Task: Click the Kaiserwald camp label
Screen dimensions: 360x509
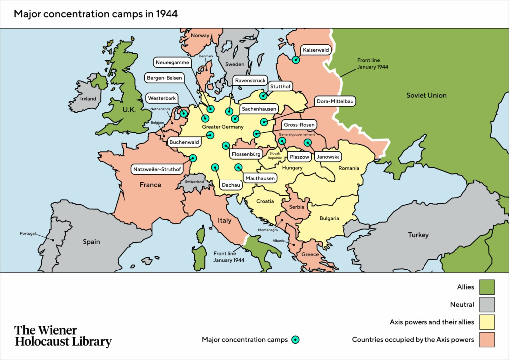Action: (x=316, y=50)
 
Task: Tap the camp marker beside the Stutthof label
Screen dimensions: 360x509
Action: (x=263, y=96)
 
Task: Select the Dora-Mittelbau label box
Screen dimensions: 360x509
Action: (x=335, y=101)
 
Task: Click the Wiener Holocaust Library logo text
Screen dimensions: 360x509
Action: (x=63, y=336)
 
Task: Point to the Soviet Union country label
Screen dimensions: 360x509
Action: (x=426, y=95)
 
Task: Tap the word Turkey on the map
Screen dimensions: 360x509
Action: (x=418, y=235)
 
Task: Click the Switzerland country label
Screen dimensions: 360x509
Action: (x=194, y=182)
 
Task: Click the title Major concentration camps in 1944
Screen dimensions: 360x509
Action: (x=96, y=14)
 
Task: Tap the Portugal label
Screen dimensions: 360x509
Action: (x=28, y=234)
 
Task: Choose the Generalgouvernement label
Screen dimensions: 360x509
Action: (x=297, y=134)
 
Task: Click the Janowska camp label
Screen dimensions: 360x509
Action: (x=328, y=157)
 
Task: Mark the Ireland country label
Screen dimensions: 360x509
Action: (x=88, y=99)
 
